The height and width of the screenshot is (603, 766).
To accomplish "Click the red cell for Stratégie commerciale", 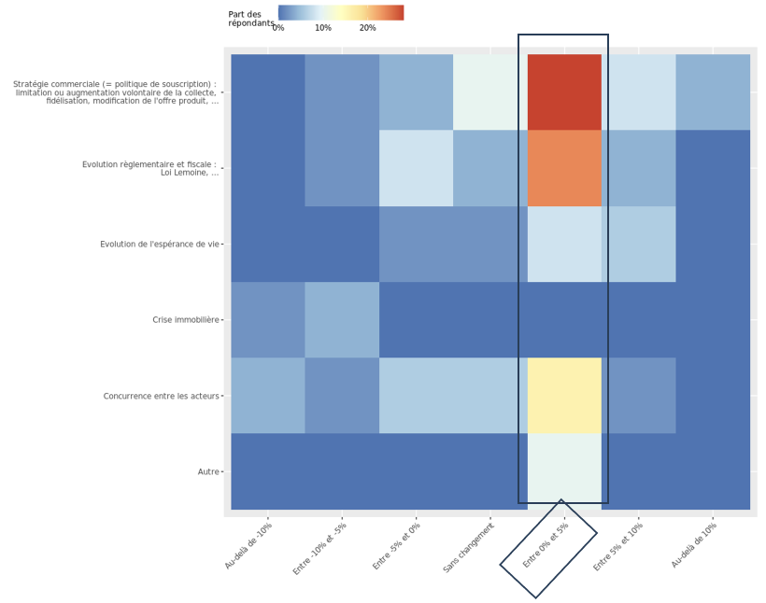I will [x=564, y=91].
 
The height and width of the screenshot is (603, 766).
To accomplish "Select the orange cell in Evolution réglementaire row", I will [x=564, y=168].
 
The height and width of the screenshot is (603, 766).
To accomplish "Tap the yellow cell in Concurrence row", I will [x=564, y=396].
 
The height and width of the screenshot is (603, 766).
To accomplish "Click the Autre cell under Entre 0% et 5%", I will [x=564, y=471].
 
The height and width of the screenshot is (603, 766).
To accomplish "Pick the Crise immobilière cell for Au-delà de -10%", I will [x=268, y=320].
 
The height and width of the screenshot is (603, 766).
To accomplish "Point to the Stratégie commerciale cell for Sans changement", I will [x=490, y=91].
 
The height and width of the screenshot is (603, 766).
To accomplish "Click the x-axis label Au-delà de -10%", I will [x=248, y=545].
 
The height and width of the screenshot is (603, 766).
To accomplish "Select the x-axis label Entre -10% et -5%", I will [x=320, y=548].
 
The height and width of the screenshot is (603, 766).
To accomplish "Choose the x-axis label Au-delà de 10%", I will [x=694, y=545].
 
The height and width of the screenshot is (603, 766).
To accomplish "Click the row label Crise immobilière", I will [x=185, y=320].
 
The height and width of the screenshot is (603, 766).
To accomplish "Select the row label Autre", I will [x=207, y=472].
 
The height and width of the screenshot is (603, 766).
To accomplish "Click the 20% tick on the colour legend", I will [x=368, y=28].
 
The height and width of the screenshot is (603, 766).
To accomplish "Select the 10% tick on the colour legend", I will [x=323, y=28].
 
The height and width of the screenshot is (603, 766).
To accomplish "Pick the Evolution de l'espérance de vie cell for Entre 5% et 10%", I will [x=638, y=244].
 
